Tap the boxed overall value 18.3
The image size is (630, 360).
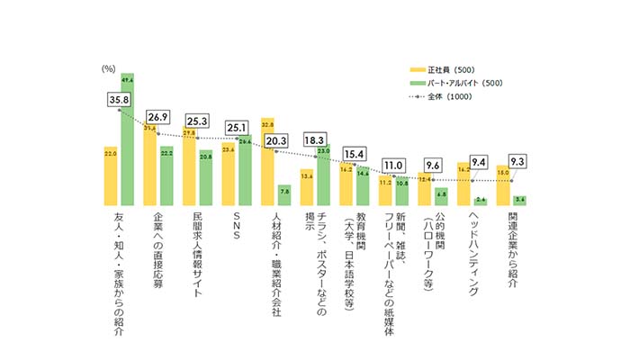tap(315, 141)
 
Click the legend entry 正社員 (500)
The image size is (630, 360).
tap(445, 68)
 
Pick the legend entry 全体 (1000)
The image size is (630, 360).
tap(447, 97)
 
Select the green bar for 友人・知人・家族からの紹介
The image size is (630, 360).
tap(128, 139)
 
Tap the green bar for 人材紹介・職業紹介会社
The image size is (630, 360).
tap(284, 195)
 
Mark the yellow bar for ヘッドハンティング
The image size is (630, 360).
tap(463, 184)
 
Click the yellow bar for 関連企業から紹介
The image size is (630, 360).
tap(502, 185)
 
